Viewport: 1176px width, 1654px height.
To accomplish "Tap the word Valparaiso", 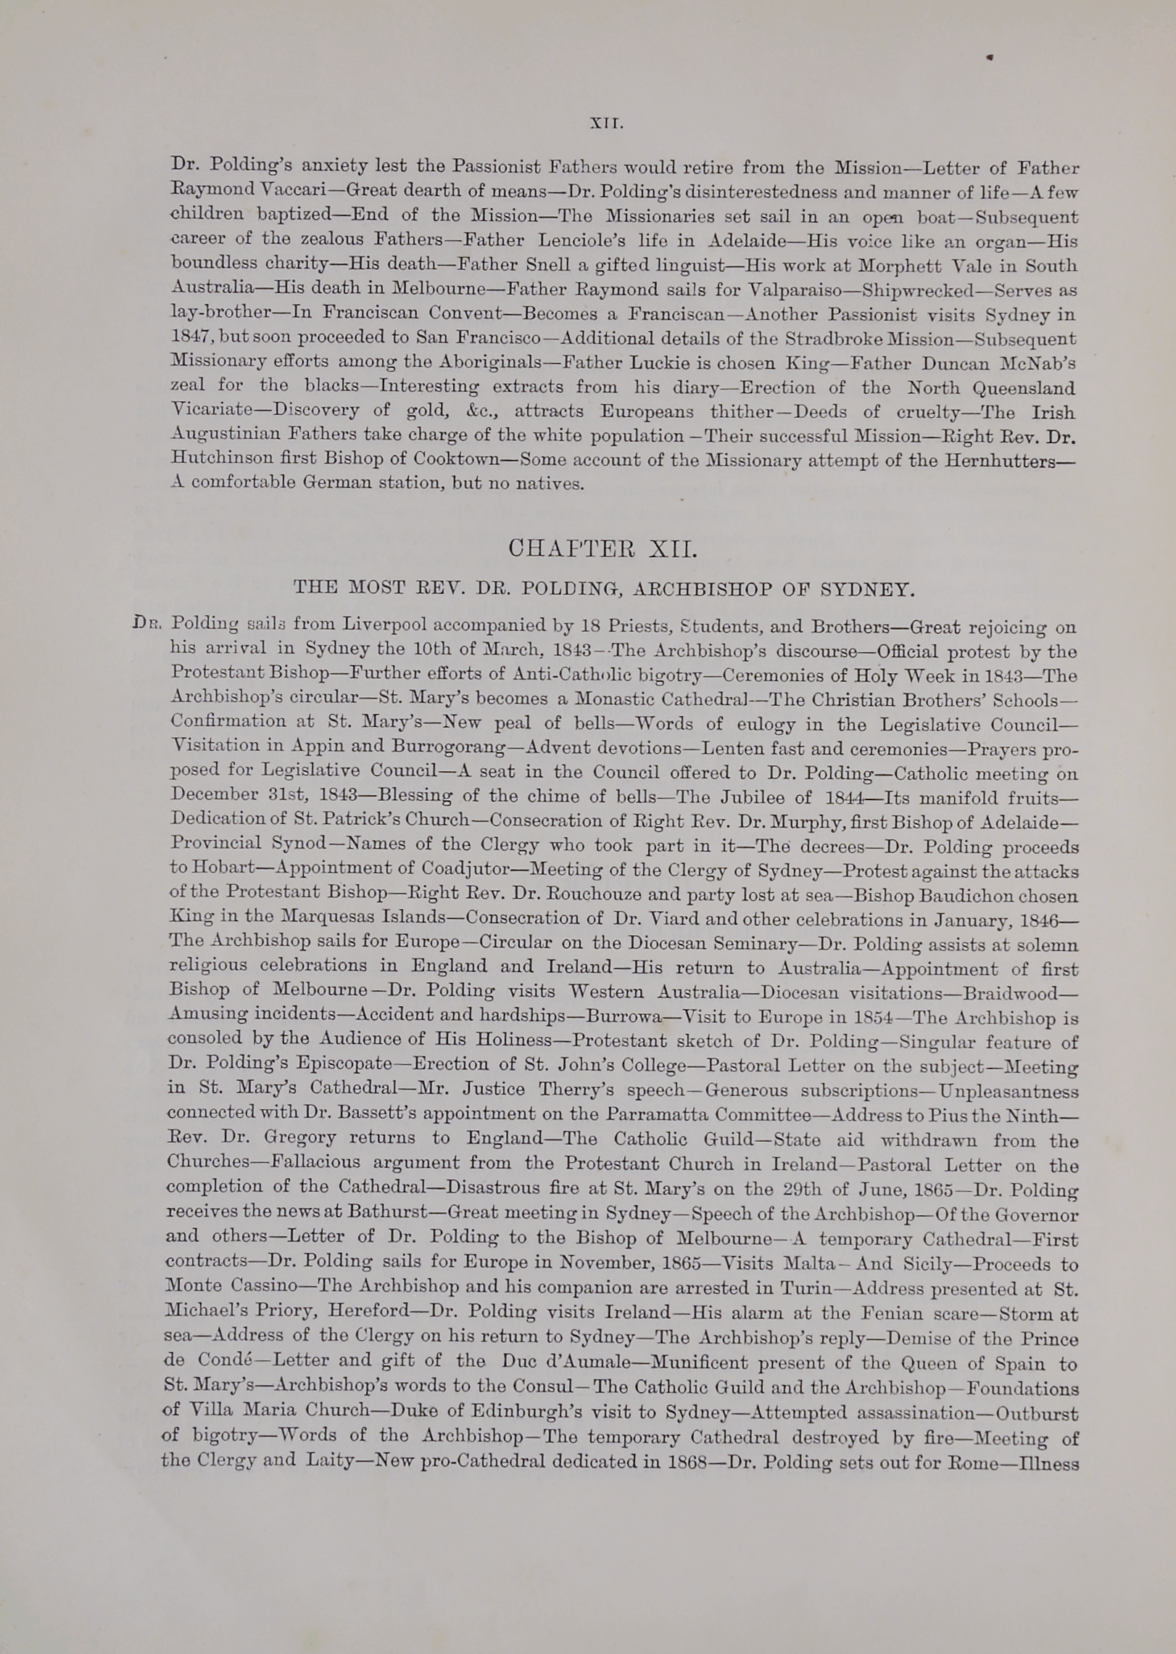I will point(790,290).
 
